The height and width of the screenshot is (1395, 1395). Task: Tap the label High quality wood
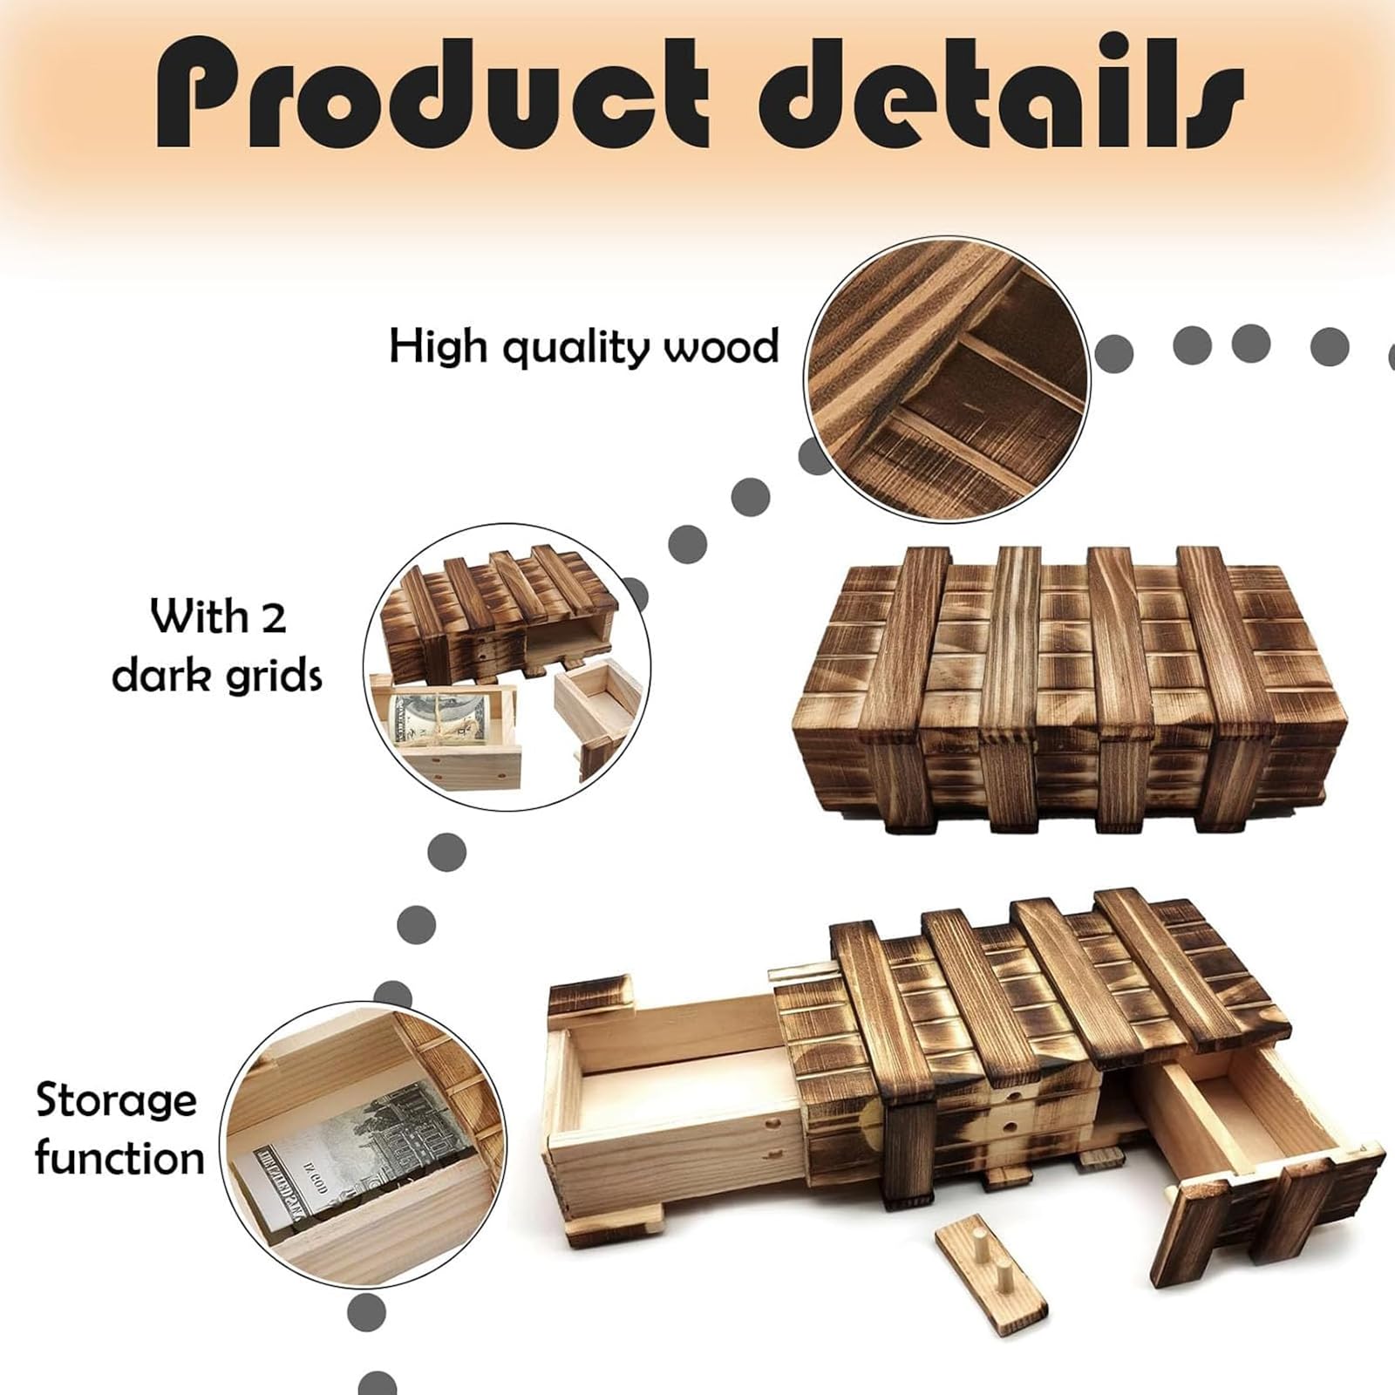pos(583,348)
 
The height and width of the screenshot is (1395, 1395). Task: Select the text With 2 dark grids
pos(218,646)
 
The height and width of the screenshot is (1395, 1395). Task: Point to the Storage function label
pos(119,1130)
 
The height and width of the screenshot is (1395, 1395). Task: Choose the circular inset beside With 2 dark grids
pos(507,668)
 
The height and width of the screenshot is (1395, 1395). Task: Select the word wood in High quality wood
pos(721,348)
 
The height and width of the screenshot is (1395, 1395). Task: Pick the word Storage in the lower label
pos(116,1100)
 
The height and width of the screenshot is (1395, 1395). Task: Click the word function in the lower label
pos(119,1160)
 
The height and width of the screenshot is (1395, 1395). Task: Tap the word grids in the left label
pos(271,676)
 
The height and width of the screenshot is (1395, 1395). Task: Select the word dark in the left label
pos(161,676)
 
